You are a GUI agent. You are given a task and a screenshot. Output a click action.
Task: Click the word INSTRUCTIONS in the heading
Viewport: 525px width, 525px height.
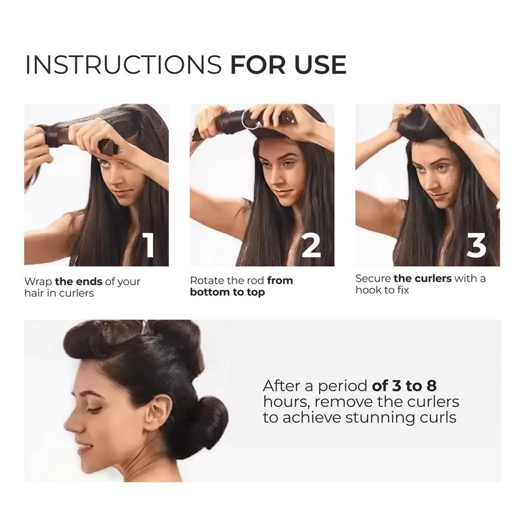click(x=123, y=64)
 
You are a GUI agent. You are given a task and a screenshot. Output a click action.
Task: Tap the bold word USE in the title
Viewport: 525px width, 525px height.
click(x=320, y=64)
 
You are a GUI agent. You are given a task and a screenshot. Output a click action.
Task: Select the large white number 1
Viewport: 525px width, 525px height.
click(x=149, y=245)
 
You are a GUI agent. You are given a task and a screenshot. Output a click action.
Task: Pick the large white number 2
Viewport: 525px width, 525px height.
click(x=310, y=245)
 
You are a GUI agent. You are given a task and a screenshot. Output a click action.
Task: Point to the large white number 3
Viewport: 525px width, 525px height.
click(x=476, y=245)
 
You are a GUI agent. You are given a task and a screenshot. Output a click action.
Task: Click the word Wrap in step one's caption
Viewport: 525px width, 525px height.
click(x=38, y=282)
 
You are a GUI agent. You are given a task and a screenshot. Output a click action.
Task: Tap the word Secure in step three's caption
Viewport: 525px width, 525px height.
click(x=373, y=278)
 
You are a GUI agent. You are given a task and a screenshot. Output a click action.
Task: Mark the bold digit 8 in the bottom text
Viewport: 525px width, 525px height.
click(x=432, y=386)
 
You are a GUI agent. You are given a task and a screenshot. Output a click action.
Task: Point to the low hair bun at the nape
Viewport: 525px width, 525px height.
click(x=207, y=423)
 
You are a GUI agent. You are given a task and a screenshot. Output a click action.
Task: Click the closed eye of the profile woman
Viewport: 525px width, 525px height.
click(x=94, y=409)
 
